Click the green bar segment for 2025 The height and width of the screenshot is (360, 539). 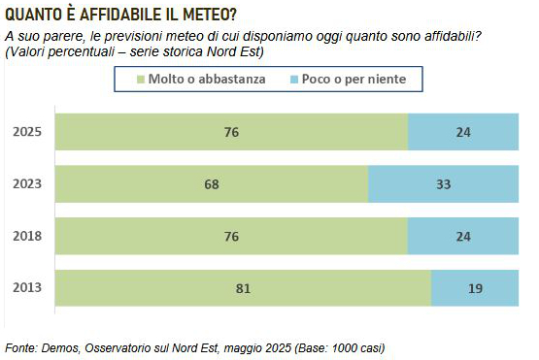coord(231,132)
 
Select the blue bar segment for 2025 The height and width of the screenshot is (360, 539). coord(463,132)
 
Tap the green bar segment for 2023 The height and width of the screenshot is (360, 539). coord(212,184)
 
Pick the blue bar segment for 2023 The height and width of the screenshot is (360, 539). coord(444,184)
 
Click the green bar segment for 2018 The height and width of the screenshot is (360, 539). coord(231,236)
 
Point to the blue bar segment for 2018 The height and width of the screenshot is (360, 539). coord(463,236)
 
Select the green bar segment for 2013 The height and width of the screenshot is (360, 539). coord(243,288)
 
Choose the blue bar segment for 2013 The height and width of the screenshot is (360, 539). coord(475,288)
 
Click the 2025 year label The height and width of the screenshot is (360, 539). coord(27,132)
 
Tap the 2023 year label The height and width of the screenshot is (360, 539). coord(27,184)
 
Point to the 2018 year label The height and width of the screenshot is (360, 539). coord(27,236)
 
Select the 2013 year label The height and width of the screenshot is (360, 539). coord(27,287)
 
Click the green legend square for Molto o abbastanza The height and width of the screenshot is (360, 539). coord(141,80)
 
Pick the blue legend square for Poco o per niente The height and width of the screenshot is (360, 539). coord(294,80)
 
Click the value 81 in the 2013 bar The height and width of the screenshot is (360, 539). coord(243,288)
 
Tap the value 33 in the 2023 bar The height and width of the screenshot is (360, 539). coord(444,184)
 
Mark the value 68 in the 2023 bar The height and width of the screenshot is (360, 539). coord(212,184)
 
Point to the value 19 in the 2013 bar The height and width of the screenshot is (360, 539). coord(476,288)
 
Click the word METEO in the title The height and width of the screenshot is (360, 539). coord(210,15)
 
